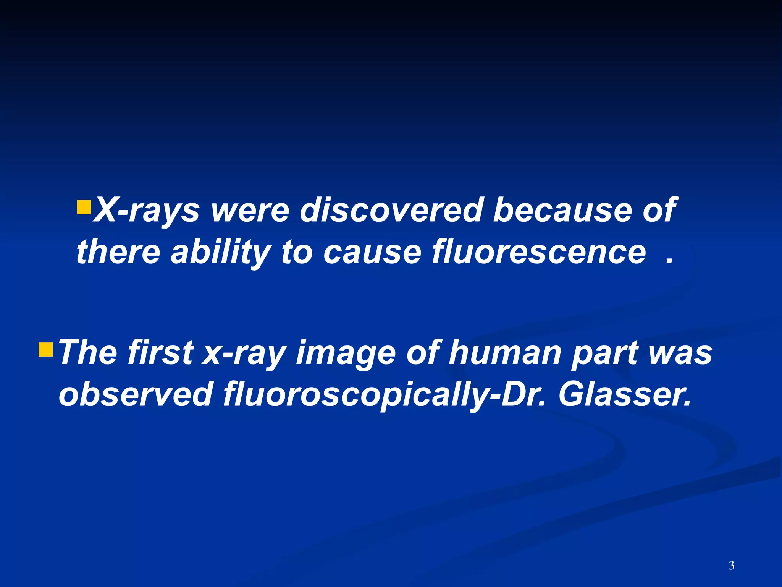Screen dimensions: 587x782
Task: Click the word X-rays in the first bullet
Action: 147,210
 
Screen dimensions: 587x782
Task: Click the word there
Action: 118,252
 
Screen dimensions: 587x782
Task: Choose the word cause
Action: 372,252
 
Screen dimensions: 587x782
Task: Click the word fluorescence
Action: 539,252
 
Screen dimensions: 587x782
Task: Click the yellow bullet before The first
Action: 46,349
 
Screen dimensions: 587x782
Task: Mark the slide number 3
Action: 731,565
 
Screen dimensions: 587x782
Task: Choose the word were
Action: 250,210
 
